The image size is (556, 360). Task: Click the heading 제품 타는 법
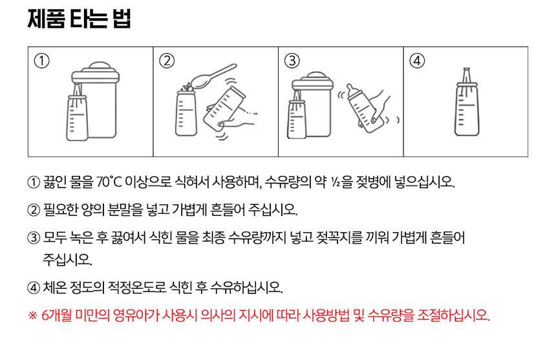tap(80, 19)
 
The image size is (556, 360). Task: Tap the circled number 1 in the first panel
tap(41, 61)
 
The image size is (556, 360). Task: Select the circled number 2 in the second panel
tap(167, 61)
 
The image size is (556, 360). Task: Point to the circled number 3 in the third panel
tap(292, 61)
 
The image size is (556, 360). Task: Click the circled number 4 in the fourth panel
tap(417, 61)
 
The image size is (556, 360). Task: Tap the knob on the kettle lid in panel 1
tap(100, 67)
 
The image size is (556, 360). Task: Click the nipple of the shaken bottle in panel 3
tap(350, 89)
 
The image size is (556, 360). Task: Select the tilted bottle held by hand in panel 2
tap(224, 109)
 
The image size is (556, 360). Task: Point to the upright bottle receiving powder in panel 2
tap(186, 113)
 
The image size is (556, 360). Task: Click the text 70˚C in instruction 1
tap(109, 182)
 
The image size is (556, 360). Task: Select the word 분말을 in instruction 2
tap(125, 210)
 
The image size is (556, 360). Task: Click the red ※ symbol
tap(32, 315)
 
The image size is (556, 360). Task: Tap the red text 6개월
tap(56, 315)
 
